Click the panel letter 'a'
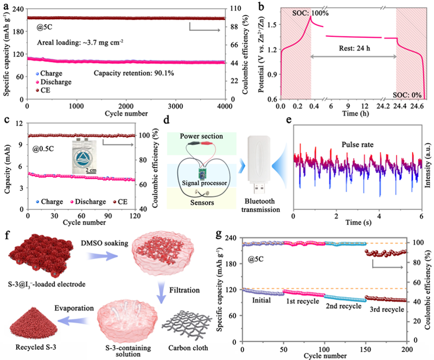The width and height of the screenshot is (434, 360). pyautogui.click(x=4, y=7)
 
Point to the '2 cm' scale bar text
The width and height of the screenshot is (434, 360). pyautogui.click(x=85, y=170)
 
